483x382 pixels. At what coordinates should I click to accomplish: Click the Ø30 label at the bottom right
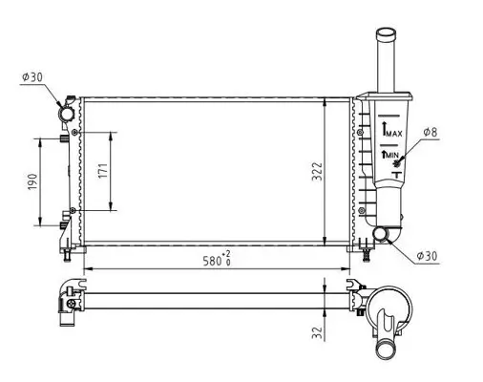point(428,255)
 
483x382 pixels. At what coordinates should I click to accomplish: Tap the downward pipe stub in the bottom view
point(389,344)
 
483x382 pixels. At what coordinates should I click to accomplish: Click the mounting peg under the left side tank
point(68,253)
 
